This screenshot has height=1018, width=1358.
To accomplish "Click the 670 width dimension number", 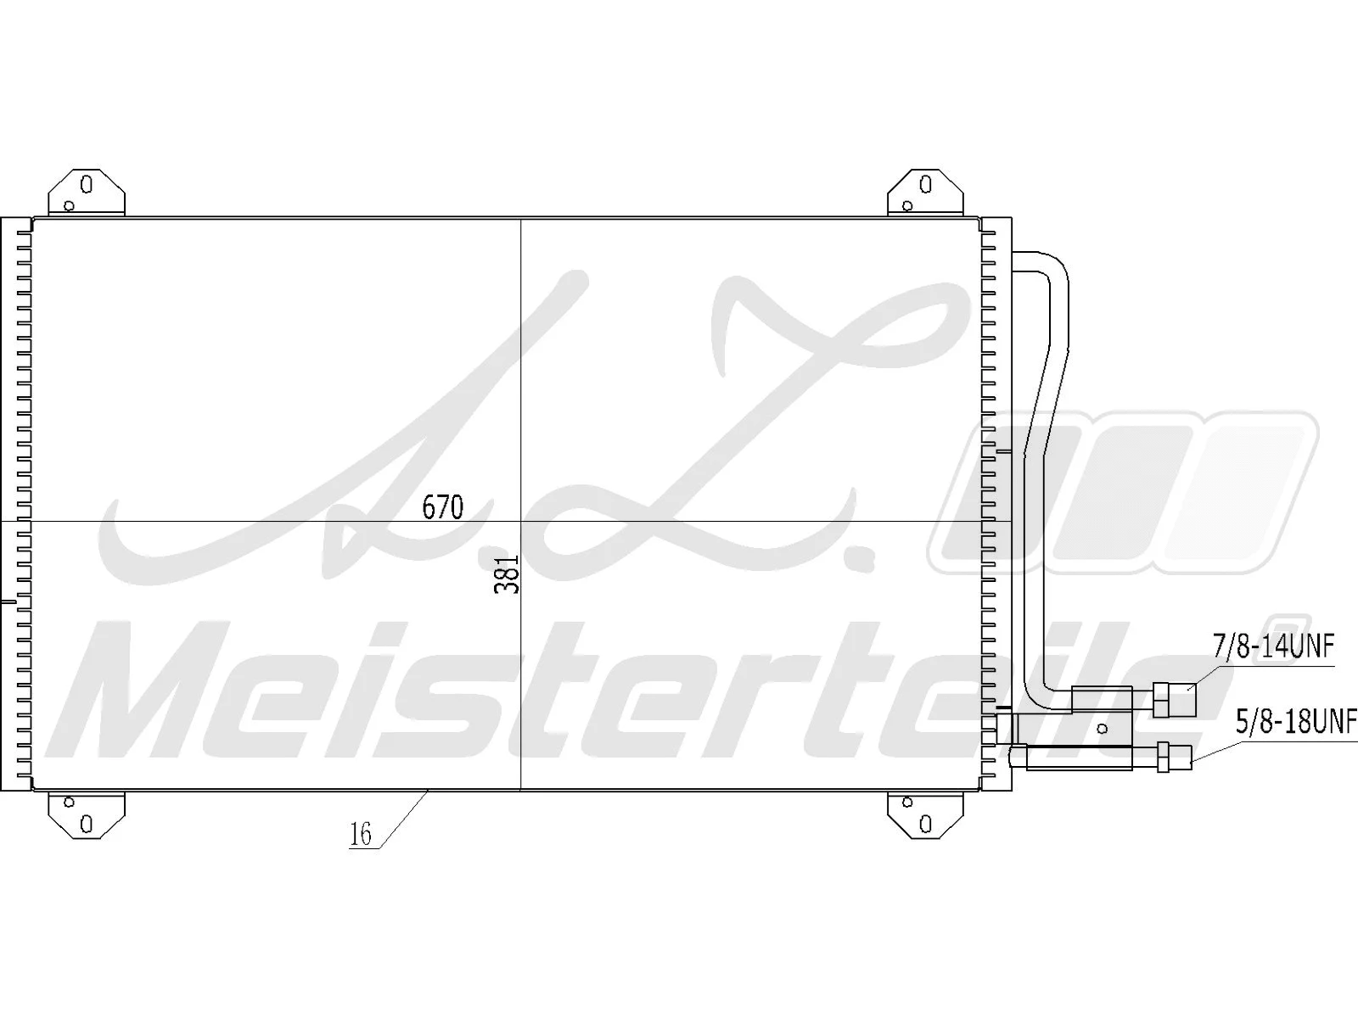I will coord(443,507).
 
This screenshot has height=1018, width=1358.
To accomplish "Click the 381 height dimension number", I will coord(507,580).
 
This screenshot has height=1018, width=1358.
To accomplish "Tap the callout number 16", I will coord(361,835).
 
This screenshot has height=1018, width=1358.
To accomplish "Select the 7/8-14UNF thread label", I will coord(1274,646).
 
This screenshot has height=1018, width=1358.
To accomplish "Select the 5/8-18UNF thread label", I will coord(1296,724).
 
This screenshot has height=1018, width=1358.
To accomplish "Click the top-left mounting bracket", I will coord(86,193).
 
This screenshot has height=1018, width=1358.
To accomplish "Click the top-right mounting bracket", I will coord(925,193).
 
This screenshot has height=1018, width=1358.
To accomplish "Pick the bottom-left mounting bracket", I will coord(86,815).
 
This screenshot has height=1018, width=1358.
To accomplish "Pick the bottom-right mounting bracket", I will coord(925,815).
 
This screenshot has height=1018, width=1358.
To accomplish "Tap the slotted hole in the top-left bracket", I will coord(86,183).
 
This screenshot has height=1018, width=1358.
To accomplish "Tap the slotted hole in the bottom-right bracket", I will coord(925,824).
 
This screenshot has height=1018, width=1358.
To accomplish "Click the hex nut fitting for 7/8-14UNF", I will coord(1176,699).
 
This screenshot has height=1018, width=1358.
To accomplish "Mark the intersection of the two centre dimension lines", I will coord(520,521).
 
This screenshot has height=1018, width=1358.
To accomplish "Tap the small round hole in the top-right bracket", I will coord(907,205).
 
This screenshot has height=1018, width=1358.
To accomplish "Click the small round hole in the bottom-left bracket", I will coord(70,802).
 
